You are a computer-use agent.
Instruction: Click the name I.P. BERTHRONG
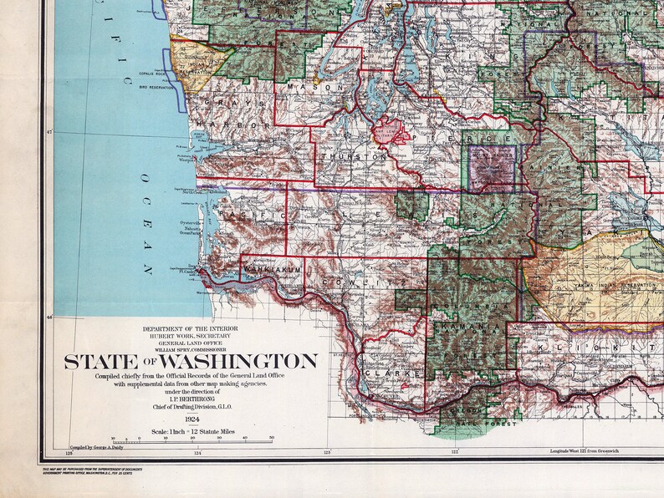tap(192, 398)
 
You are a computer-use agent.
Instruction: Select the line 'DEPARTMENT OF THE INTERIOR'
tap(192, 328)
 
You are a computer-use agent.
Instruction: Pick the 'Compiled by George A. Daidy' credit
tap(98, 449)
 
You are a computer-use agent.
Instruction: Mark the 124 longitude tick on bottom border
tap(198, 454)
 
